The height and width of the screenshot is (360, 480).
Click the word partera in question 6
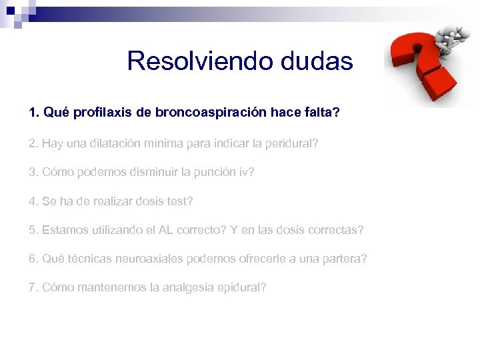coord(343,259)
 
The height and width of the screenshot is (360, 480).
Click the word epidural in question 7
coord(242,288)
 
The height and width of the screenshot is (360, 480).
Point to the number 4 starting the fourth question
coord(32,201)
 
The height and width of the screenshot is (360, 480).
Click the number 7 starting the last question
coord(32,288)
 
